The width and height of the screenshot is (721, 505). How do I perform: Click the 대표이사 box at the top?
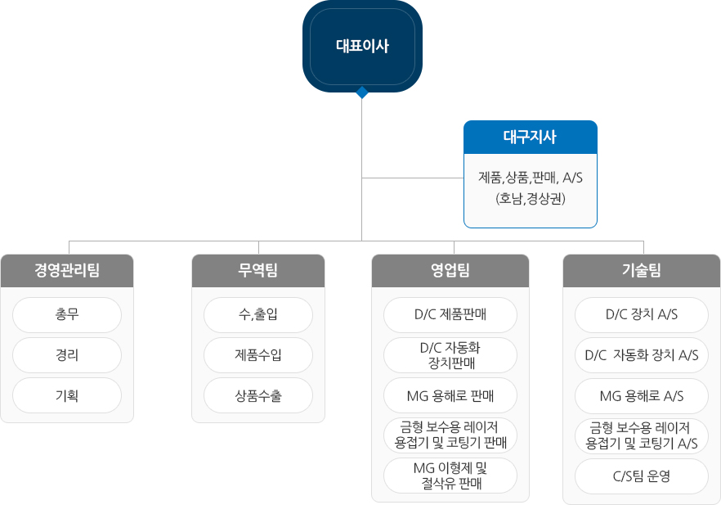tap(362, 46)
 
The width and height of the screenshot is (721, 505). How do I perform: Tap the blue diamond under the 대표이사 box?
tap(362, 92)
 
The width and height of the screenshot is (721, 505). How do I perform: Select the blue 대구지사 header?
tap(530, 137)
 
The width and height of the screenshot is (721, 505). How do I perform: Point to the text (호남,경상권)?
tap(530, 198)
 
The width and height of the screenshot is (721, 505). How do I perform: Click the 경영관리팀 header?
tap(67, 270)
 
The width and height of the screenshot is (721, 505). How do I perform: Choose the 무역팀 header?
tap(258, 270)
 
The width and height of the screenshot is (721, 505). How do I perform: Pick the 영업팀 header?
tap(450, 270)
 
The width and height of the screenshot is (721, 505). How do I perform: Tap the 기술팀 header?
tap(642, 270)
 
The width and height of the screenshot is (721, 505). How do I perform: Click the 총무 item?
tap(67, 314)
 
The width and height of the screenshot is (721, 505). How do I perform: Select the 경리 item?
tap(67, 354)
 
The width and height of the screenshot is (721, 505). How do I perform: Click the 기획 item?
tap(67, 395)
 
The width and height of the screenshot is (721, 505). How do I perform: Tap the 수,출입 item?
tap(258, 314)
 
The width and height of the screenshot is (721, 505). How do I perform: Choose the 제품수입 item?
tap(258, 354)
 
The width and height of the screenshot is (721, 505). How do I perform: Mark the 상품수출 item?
tap(258, 395)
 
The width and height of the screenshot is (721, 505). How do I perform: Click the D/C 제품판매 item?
tap(450, 314)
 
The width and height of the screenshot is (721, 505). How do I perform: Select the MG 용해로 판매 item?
tap(450, 395)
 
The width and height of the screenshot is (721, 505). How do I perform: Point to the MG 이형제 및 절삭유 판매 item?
tap(450, 476)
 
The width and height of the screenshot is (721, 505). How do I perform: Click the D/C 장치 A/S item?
tap(642, 314)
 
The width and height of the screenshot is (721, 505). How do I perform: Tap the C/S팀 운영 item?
tap(642, 476)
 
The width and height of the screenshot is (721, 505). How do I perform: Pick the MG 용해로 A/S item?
tap(642, 395)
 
